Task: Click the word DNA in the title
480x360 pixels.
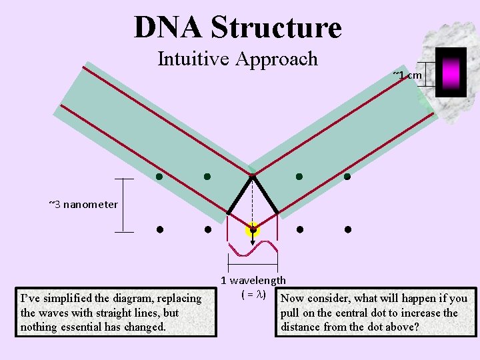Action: coord(167,27)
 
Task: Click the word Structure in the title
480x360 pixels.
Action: coord(275,27)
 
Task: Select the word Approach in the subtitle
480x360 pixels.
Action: coord(281,59)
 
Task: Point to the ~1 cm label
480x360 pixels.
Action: coord(407,75)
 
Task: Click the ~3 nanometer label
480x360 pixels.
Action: coord(83,204)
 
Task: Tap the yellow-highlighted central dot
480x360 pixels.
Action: coord(253,230)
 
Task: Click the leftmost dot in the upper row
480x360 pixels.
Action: coord(159,177)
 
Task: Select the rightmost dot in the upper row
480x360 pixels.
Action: coord(347,177)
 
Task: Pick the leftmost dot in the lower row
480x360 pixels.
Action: coord(160,230)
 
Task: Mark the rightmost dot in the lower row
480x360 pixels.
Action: coord(348,230)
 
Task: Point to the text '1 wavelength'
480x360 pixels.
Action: coord(253,281)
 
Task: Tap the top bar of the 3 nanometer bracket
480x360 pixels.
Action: coord(124,179)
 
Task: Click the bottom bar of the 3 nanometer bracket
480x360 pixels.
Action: coord(124,232)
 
